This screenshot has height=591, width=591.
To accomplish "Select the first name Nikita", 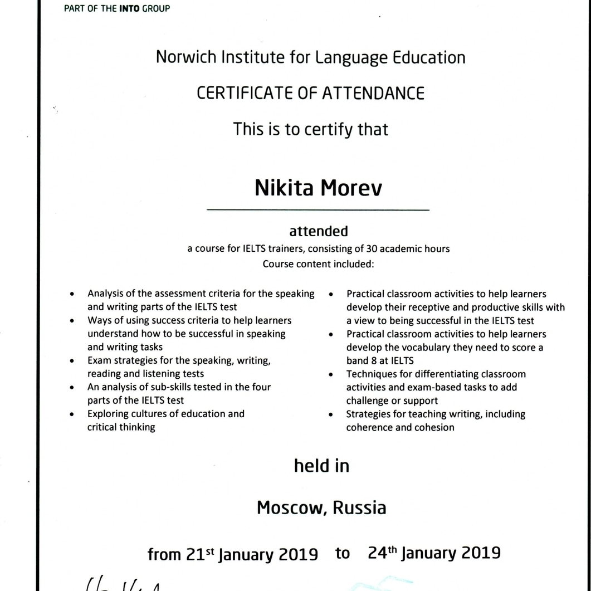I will tap(284, 188).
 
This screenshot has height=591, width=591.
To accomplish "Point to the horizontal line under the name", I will tap(318, 210).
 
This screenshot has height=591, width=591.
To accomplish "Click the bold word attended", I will tap(318, 231).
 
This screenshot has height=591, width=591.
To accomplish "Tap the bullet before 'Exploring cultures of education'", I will tap(72, 414).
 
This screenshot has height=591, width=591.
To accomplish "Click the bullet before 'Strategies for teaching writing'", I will tap(331, 414).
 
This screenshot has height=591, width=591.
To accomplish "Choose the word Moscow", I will tap(287, 508).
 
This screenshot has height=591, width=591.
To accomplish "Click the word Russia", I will tap(359, 508).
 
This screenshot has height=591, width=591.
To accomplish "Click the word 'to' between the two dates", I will tap(343, 553).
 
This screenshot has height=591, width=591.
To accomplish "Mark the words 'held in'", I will tap(321, 466).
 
